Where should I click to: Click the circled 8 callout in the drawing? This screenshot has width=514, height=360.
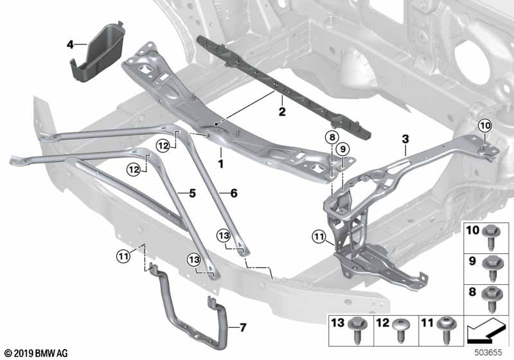tap(330, 137)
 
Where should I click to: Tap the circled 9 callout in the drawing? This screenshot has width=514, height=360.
tap(344, 149)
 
